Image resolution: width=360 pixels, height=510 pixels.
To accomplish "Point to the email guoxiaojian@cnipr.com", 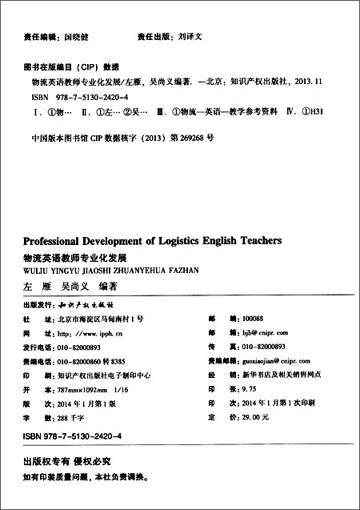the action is pyautogui.click(x=264, y=360).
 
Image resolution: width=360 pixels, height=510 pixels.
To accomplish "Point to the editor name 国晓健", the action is pyautogui.click(x=78, y=37).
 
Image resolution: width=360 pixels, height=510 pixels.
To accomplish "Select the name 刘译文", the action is pyautogui.click(x=190, y=37).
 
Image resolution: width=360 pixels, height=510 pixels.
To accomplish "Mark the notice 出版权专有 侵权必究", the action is pyautogui.click(x=66, y=463).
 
